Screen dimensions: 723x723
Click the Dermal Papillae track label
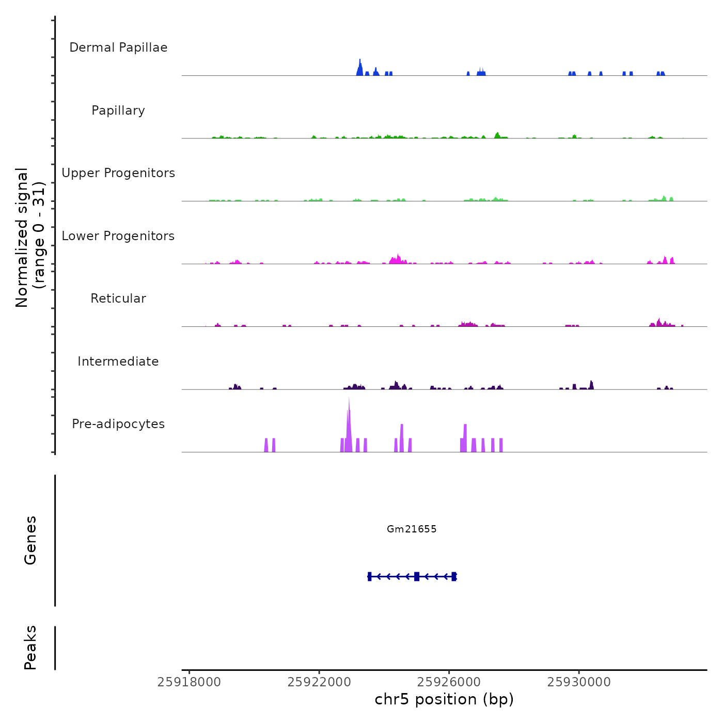pyautogui.click(x=118, y=48)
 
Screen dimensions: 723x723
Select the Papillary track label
pyautogui.click(x=118, y=111)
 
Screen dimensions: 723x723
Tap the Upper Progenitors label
pyautogui.click(x=118, y=173)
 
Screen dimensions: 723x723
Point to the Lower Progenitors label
pyautogui.click(x=118, y=236)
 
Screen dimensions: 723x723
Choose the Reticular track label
pyautogui.click(x=118, y=298)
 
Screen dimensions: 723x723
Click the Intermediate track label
pyautogui.click(x=118, y=361)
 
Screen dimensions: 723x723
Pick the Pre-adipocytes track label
pyautogui.click(x=118, y=424)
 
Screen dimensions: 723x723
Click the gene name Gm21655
pyautogui.click(x=412, y=529)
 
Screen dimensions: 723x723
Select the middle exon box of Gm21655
pyautogui.click(x=417, y=576)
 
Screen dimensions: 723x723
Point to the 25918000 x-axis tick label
pyautogui.click(x=189, y=682)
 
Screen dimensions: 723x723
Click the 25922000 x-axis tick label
pyautogui.click(x=319, y=682)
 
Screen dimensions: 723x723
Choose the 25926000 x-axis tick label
pyautogui.click(x=449, y=682)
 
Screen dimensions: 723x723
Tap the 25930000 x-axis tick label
pyautogui.click(x=579, y=682)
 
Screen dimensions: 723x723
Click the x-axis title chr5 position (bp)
pyautogui.click(x=444, y=699)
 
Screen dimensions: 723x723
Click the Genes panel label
pyautogui.click(x=30, y=540)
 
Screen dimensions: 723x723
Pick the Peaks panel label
pyautogui.click(x=30, y=648)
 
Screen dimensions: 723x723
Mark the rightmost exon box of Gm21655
pyautogui.click(x=454, y=576)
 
